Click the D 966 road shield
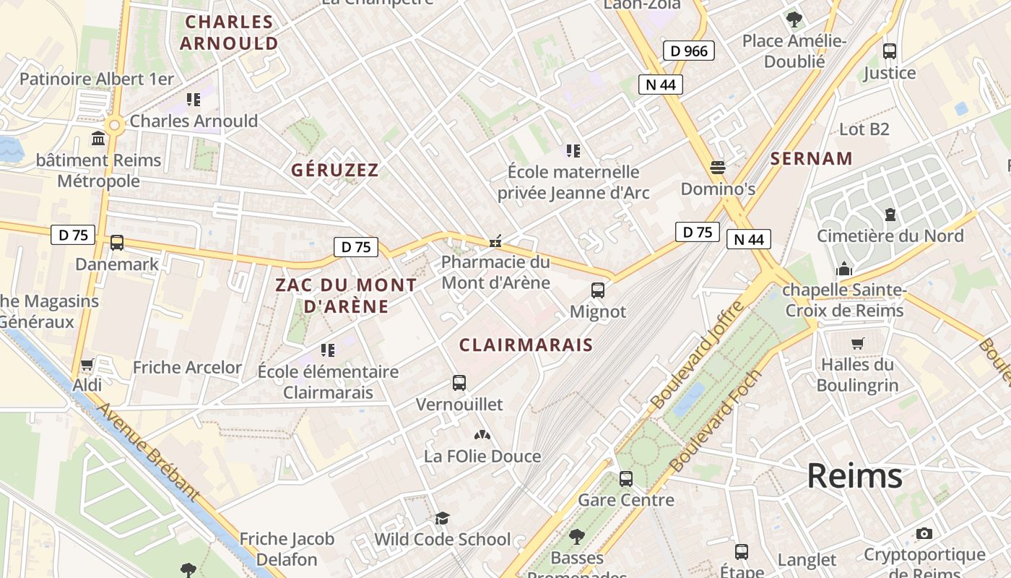tap(688, 51)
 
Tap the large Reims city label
tap(854, 476)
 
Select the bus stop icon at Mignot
tap(598, 290)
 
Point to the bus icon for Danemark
tap(117, 243)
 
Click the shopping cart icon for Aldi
tap(87, 365)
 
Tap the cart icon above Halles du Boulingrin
tap(858, 343)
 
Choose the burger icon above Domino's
tap(718, 168)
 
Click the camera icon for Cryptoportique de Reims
tap(924, 534)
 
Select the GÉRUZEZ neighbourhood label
tap(334, 171)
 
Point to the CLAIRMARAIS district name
tap(526, 345)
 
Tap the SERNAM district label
tap(811, 159)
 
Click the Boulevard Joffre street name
tap(697, 355)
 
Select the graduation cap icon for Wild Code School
tap(442, 518)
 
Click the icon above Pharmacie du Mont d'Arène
tap(495, 241)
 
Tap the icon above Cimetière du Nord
tap(890, 215)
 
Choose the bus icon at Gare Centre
tap(626, 478)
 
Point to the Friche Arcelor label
tap(187, 367)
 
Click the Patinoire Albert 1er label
tap(97, 79)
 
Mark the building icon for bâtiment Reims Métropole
tap(97, 138)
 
